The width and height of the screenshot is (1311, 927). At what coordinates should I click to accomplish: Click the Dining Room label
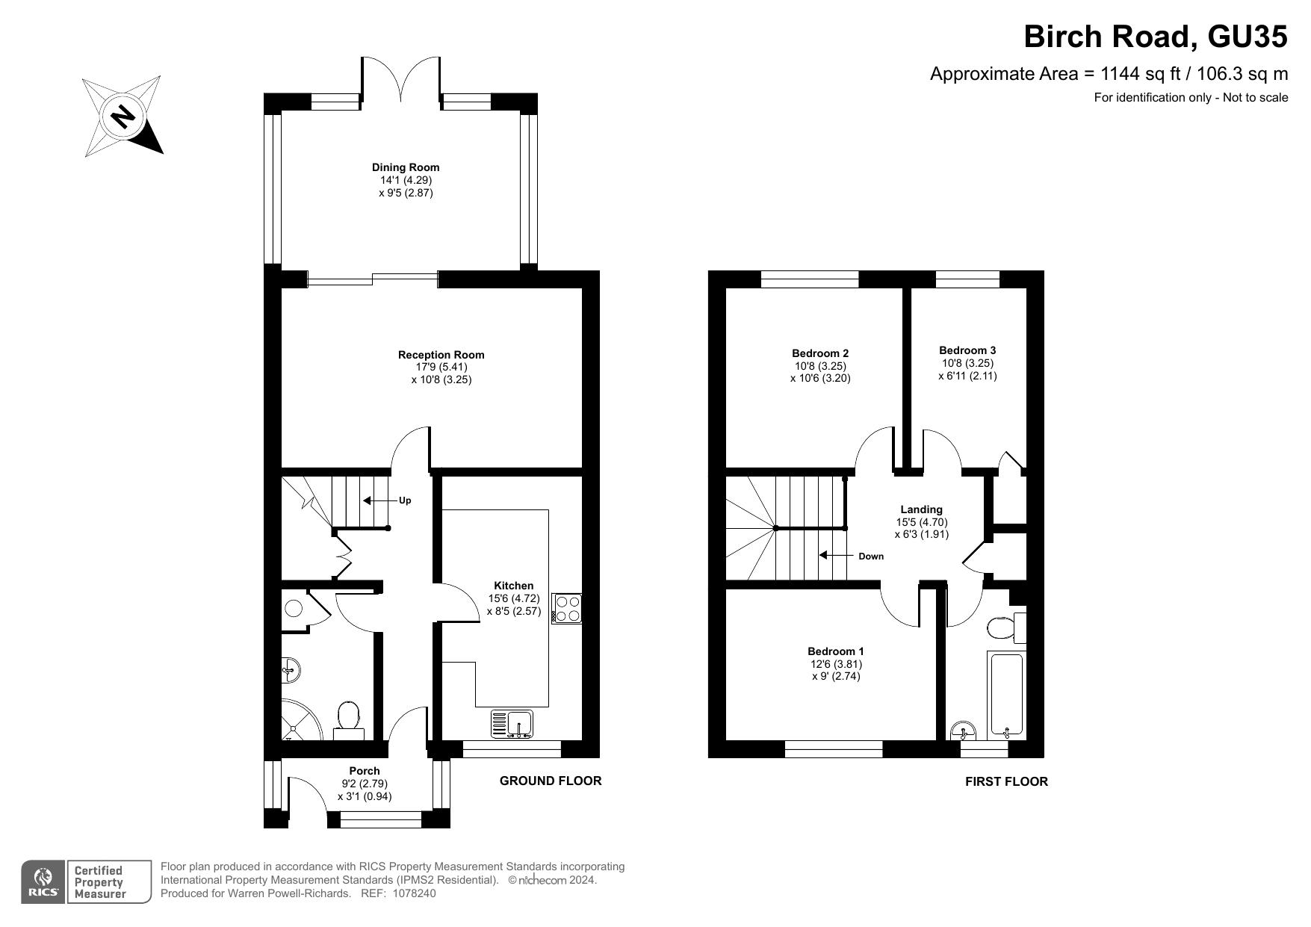pos(406,167)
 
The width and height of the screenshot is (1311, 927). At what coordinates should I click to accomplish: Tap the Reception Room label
pos(441,355)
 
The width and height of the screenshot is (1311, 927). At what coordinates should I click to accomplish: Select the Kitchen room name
pos(514,586)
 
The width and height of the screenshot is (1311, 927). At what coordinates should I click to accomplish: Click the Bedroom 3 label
pos(967,350)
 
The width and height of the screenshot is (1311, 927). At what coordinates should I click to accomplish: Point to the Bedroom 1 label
pos(836,651)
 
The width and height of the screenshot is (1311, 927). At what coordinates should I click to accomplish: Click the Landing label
pos(921,509)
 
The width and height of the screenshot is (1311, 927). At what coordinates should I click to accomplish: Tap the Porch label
pos(365,771)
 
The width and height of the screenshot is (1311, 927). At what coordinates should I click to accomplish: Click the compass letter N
pos(123,116)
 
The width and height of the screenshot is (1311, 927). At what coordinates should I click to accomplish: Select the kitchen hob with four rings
pos(566,608)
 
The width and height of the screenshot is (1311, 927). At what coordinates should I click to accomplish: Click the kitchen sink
pos(512,724)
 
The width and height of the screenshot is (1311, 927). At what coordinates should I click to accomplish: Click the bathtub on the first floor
pos(1005,695)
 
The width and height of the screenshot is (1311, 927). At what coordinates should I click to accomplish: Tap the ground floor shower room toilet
pos(348,719)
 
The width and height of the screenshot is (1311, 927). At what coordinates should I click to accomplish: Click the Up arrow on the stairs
pos(378,500)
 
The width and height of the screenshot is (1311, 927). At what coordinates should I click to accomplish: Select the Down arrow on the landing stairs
pos(832,555)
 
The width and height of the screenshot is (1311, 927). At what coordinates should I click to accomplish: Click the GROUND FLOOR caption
pos(551,781)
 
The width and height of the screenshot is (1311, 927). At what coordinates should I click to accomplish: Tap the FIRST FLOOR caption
pos(1006,781)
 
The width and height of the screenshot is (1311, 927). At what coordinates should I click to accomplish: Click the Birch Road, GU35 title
pos(1156,36)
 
